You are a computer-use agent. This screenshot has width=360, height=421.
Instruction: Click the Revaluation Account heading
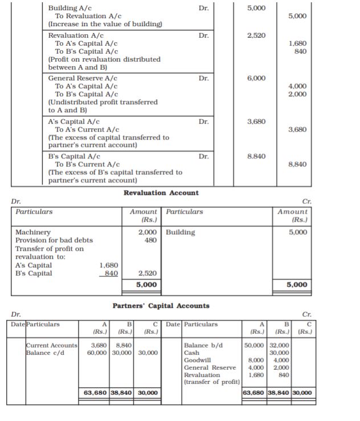(x=161, y=193)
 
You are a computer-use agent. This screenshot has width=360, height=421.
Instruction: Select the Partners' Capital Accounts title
(x=161, y=306)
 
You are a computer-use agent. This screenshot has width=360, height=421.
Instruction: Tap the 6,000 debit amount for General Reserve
(x=256, y=78)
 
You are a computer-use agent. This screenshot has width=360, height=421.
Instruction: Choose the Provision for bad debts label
(x=54, y=240)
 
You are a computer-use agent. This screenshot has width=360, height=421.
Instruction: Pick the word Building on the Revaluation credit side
(x=181, y=232)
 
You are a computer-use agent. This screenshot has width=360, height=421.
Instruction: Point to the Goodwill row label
(x=198, y=360)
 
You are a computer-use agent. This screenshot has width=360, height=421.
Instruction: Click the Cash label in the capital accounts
(x=192, y=353)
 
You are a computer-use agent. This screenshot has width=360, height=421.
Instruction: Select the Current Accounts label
(x=51, y=345)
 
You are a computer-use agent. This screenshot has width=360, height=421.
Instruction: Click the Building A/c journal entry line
(x=69, y=9)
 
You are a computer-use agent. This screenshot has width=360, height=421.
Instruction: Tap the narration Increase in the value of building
(x=105, y=24)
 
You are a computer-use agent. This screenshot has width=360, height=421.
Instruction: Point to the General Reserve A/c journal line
(x=83, y=78)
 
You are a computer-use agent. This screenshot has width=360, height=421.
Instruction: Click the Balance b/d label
(x=203, y=345)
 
